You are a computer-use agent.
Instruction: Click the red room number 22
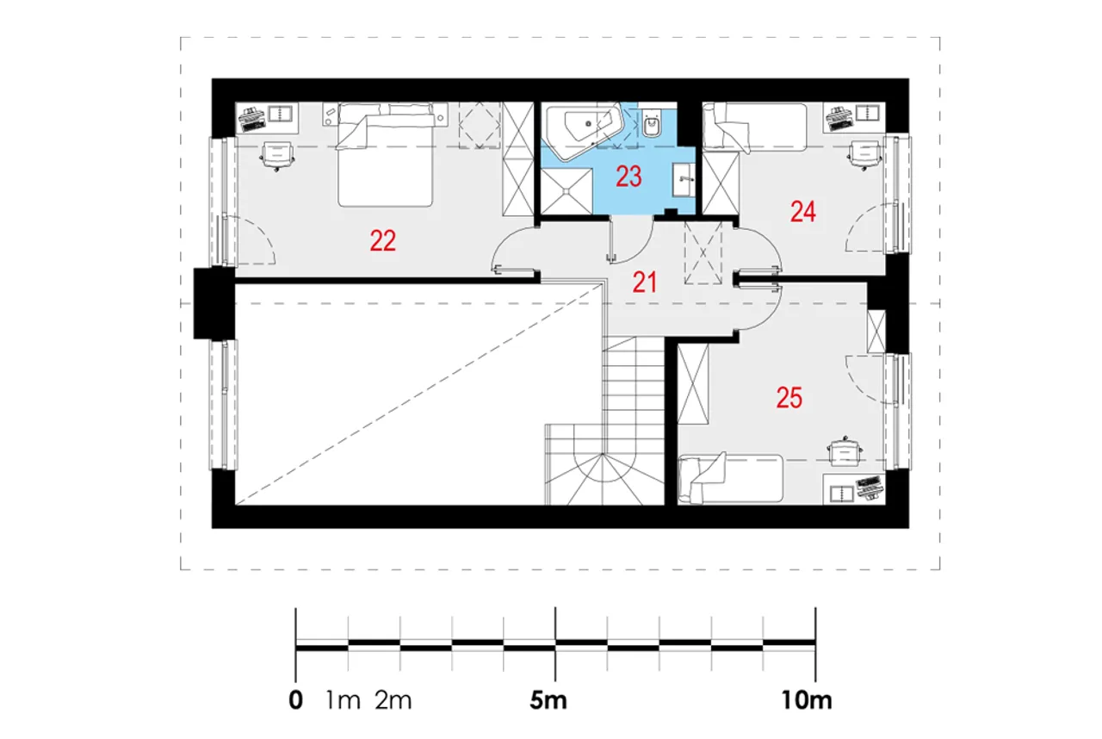click(x=383, y=241)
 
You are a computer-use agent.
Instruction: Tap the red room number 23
click(x=628, y=177)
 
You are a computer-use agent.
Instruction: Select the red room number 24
click(x=803, y=212)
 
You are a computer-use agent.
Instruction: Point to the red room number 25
click(x=789, y=398)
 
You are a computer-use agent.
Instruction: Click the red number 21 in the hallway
click(x=645, y=283)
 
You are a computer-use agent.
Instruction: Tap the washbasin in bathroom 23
click(x=684, y=180)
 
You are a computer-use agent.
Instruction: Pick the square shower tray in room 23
click(x=566, y=191)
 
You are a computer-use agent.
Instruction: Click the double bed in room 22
click(x=385, y=154)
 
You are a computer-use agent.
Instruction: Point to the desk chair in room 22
click(x=277, y=156)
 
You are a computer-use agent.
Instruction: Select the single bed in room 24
click(x=755, y=127)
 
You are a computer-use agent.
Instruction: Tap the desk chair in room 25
click(x=845, y=451)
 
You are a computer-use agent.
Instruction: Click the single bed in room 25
click(x=730, y=478)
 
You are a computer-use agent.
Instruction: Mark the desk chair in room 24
click(x=864, y=156)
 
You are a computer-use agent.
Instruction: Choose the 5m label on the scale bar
click(x=548, y=700)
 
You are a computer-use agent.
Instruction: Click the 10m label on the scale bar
click(x=807, y=700)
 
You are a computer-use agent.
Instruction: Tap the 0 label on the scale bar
click(x=295, y=700)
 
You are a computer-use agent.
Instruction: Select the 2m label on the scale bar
click(x=393, y=700)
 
